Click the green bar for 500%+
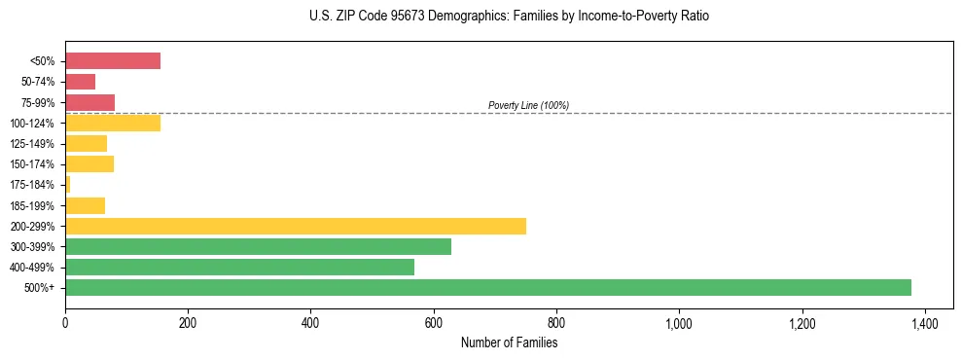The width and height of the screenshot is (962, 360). (487, 287)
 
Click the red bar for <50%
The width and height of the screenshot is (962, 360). (113, 60)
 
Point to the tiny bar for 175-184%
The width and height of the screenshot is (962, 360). (68, 184)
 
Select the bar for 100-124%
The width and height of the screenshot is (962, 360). (113, 123)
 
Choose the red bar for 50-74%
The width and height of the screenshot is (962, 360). (81, 82)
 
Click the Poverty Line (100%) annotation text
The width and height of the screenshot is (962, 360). (528, 105)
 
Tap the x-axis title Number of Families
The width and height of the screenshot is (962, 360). (509, 342)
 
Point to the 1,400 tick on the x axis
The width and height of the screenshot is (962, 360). (924, 322)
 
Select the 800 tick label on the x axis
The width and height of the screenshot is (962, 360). (556, 322)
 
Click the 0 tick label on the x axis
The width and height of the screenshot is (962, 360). (65, 322)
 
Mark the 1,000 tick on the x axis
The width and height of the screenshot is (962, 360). (678, 322)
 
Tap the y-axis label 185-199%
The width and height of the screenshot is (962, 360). (38, 205)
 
